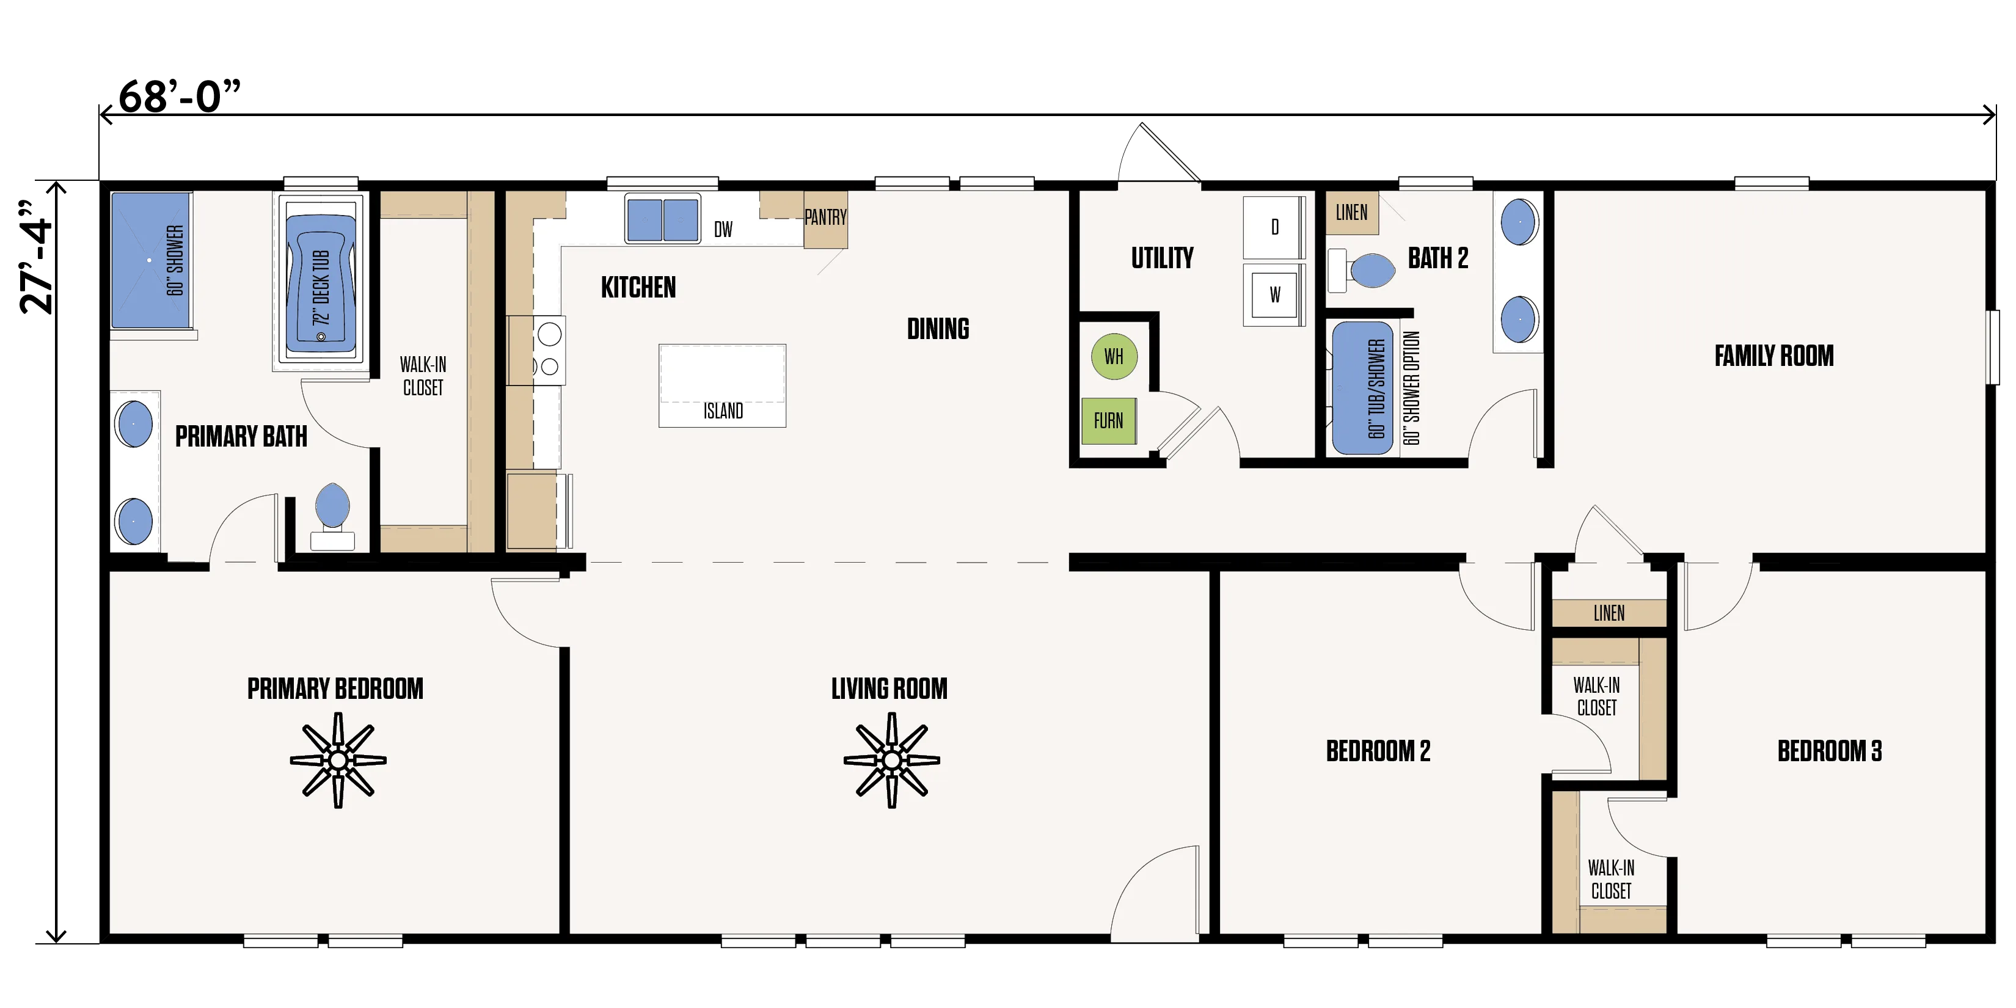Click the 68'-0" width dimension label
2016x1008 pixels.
179,97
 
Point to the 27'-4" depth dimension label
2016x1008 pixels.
36,257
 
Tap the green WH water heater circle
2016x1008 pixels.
1114,357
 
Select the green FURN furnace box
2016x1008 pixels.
1108,421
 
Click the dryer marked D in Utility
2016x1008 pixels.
1274,227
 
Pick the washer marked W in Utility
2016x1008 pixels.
1274,294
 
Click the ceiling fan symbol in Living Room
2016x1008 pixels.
891,760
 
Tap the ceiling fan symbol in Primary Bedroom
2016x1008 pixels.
338,760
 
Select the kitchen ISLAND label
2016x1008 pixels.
723,411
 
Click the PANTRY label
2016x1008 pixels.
826,217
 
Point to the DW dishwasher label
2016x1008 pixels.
723,229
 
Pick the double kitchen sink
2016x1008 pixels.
663,220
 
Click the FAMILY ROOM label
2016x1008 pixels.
1774,356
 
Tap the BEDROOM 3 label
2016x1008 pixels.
1830,751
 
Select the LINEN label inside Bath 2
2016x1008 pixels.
1351,212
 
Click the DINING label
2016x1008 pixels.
938,329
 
